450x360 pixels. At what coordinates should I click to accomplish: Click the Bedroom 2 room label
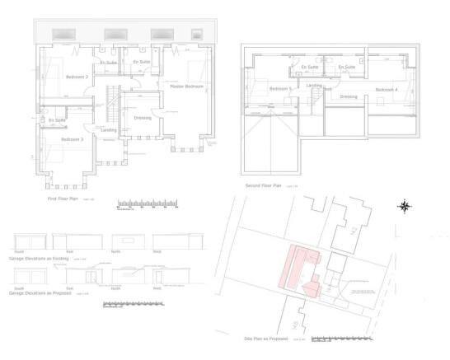[77, 77]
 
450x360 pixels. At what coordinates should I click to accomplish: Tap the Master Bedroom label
[187, 86]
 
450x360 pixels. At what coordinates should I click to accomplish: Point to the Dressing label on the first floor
[142, 118]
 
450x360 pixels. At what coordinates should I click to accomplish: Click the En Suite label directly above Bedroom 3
[57, 120]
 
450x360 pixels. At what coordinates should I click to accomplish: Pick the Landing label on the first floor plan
[108, 129]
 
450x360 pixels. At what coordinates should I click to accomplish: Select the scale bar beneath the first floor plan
[148, 203]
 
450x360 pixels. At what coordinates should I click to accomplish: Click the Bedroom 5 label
[279, 88]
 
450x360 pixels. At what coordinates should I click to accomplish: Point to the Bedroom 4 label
[386, 89]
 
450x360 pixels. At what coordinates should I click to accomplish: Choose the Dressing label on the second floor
[349, 96]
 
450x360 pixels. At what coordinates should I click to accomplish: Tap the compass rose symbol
[405, 206]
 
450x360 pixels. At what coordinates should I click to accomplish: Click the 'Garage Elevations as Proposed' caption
[38, 292]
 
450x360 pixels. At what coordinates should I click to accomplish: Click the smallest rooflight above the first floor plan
[196, 34]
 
